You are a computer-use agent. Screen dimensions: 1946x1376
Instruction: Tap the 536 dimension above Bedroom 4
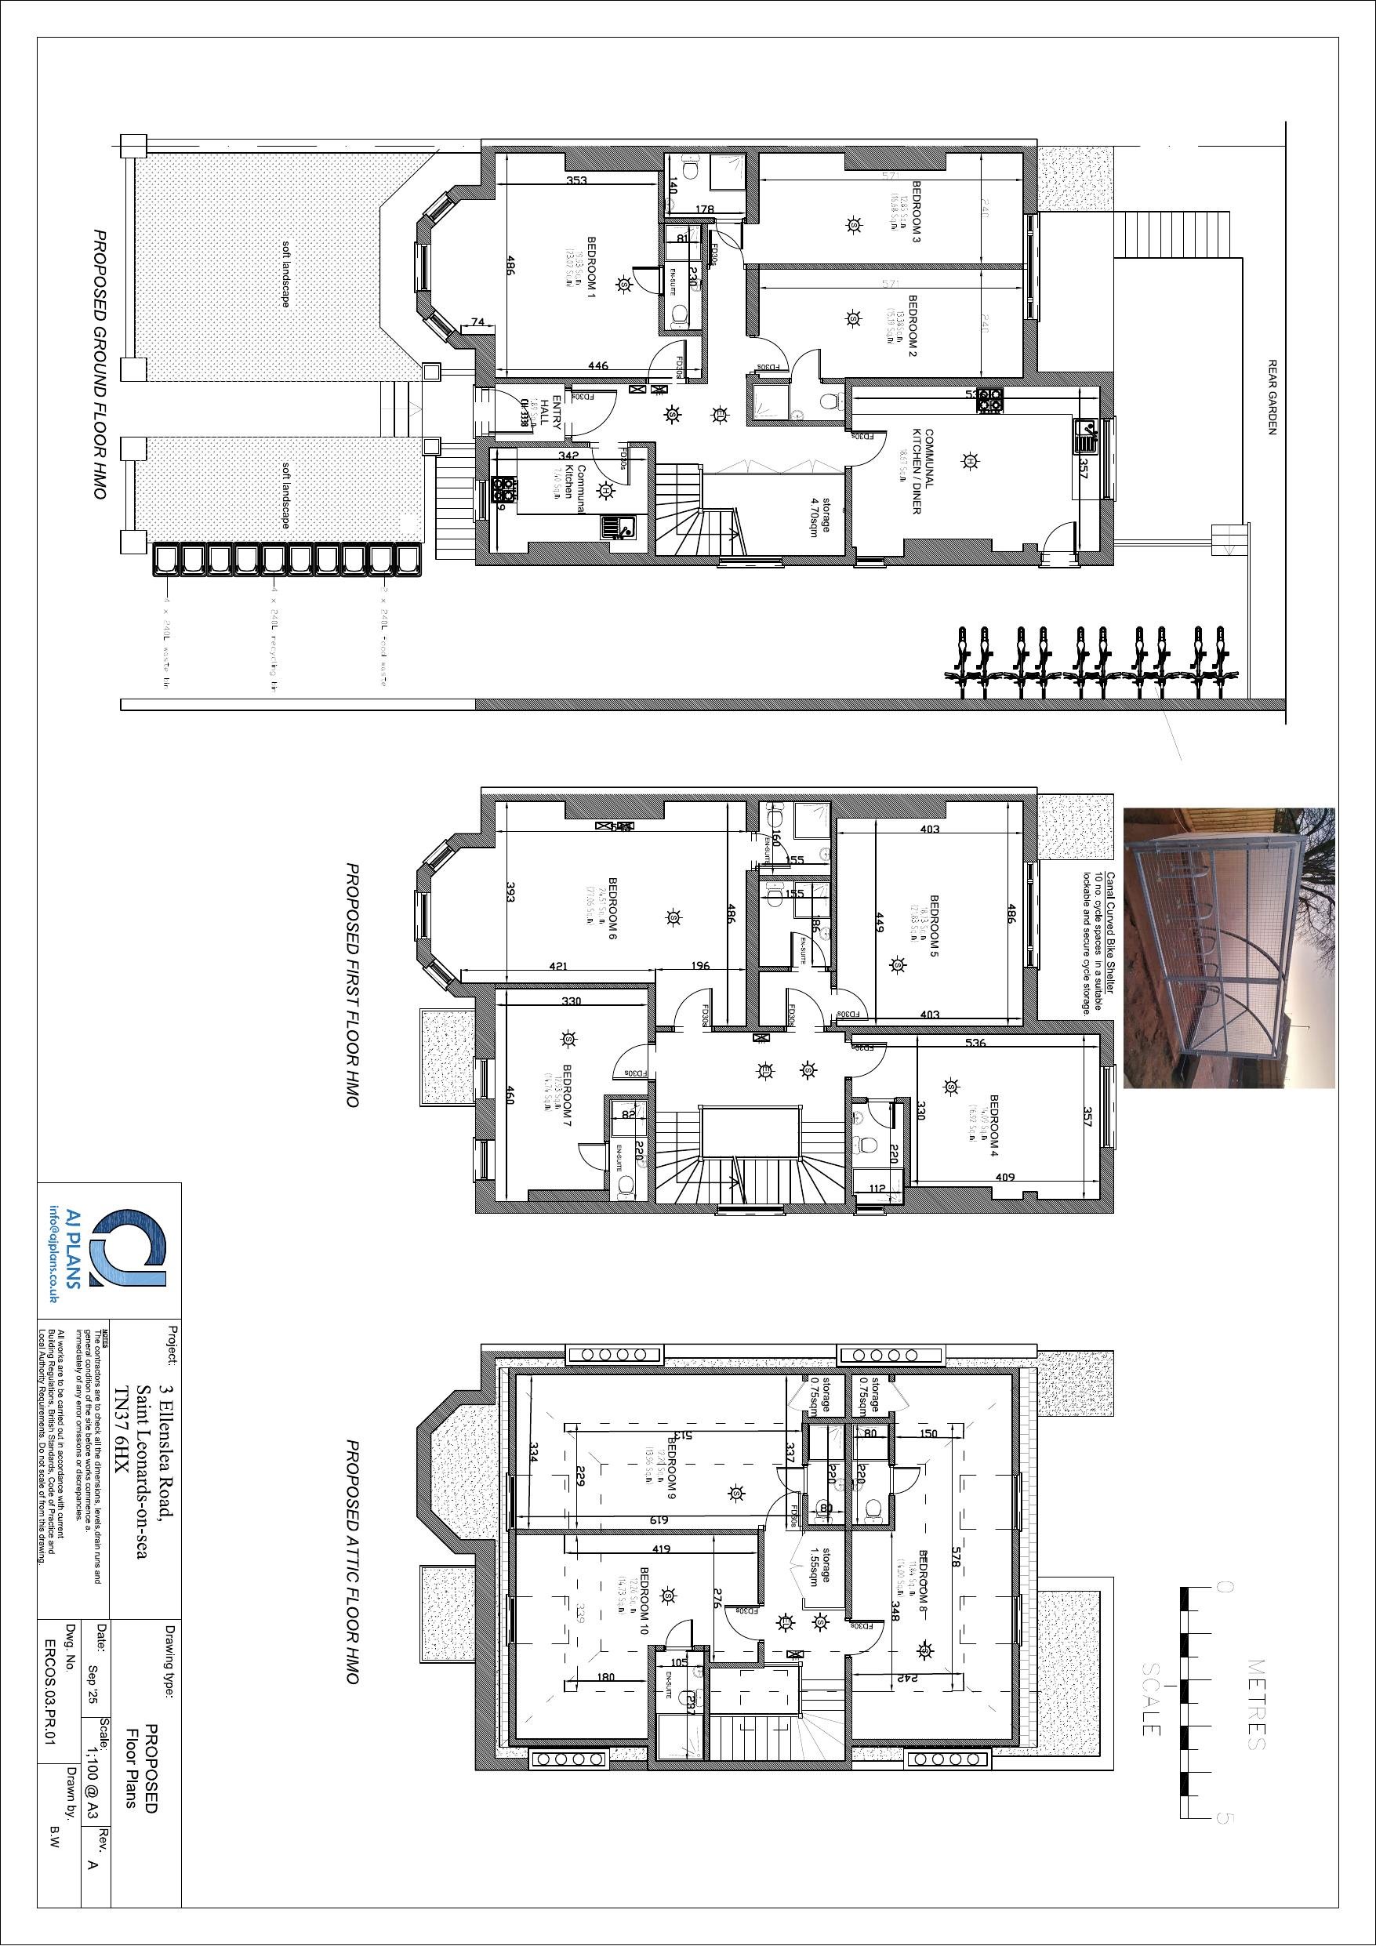coord(976,1044)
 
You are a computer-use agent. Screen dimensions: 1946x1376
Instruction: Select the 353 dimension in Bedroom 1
coord(576,180)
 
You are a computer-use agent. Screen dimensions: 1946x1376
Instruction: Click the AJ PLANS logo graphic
coord(129,1249)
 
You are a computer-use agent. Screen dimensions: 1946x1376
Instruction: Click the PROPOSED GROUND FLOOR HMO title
coord(100,364)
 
